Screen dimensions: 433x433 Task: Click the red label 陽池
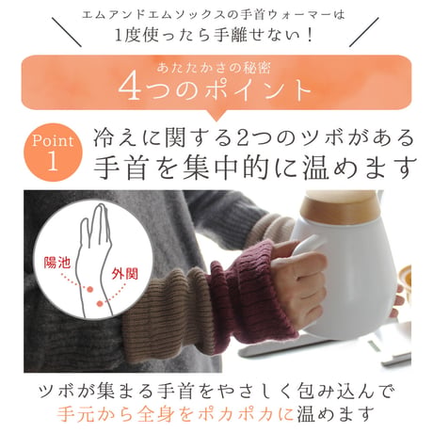[x=56, y=262]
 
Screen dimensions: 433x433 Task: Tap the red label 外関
[x=125, y=274]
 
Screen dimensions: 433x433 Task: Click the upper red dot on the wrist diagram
[x=90, y=289]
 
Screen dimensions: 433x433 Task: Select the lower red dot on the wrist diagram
[x=100, y=303]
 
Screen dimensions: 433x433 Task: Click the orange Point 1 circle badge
[x=53, y=152]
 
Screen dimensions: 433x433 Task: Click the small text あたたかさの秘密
[x=214, y=68]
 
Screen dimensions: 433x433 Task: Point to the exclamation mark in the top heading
[x=310, y=35]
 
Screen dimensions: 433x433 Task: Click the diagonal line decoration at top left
[x=67, y=32]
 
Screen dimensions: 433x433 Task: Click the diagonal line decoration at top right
[x=364, y=32]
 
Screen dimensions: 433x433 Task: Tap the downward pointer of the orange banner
[x=216, y=116]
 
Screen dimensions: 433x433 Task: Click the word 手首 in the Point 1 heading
[x=120, y=168]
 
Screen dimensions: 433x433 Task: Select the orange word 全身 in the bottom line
[x=156, y=413]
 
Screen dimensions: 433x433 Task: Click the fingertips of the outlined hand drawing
[x=100, y=208]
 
